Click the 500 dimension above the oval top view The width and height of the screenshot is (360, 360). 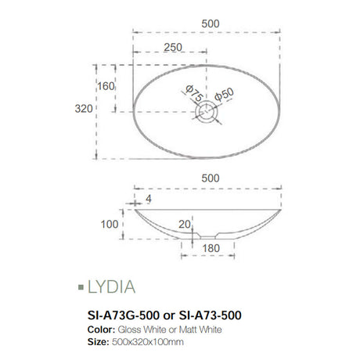pyautogui.click(x=210, y=23)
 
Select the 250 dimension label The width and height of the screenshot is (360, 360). pyautogui.click(x=174, y=48)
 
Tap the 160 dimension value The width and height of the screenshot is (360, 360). pyautogui.click(x=106, y=87)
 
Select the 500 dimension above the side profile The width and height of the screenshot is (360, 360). pyautogui.click(x=210, y=178)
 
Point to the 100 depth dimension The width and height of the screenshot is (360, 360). pyautogui.click(x=107, y=225)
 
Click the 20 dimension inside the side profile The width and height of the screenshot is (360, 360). pyautogui.click(x=185, y=225)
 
